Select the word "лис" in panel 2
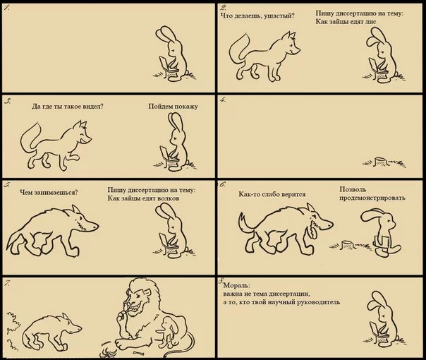tap(371, 22)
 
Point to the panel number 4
tap(223, 100)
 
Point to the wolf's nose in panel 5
tap(95, 225)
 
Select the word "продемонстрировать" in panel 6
tap(372, 198)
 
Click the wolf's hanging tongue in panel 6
tap(313, 231)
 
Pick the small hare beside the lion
tap(169, 332)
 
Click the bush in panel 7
tap(12, 330)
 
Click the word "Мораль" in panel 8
tap(236, 286)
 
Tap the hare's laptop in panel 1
tap(164, 63)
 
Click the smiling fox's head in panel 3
tap(83, 133)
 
